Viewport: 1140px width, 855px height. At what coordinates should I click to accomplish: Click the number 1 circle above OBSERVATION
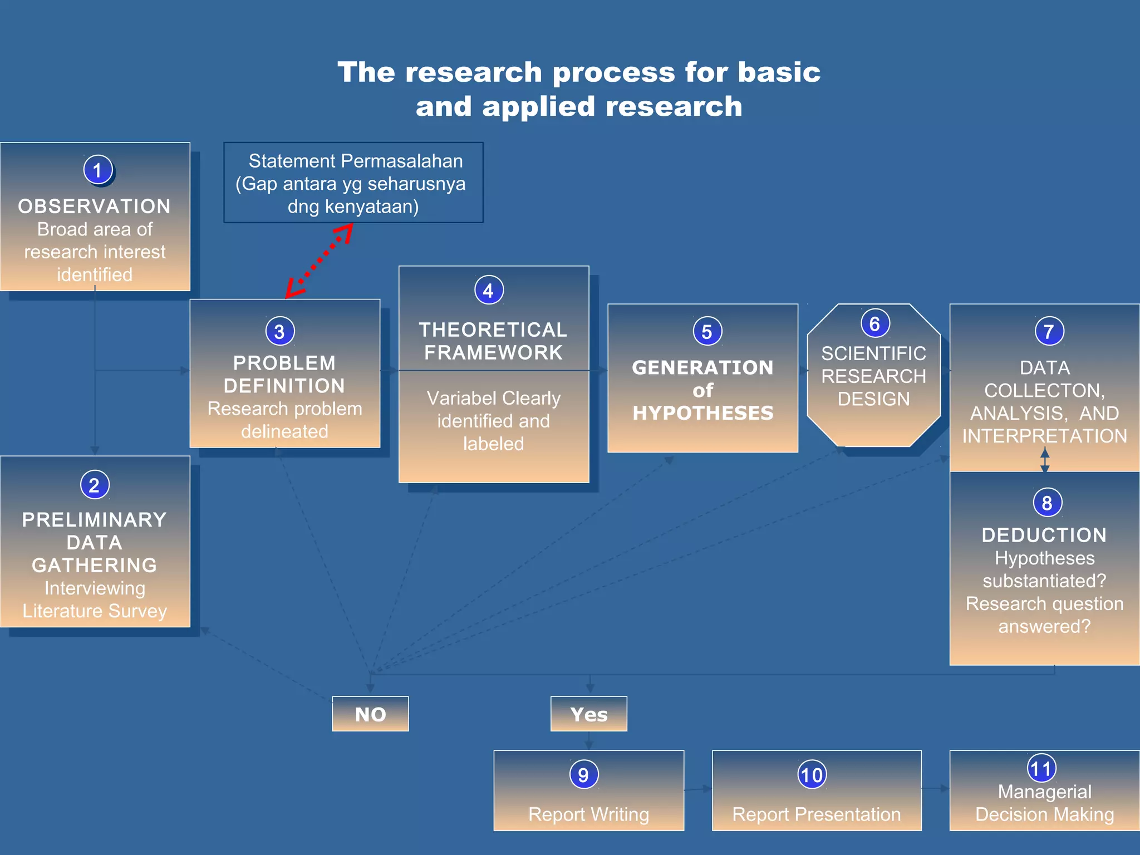[x=98, y=170]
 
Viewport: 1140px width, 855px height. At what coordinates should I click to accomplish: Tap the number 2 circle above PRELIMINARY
[x=94, y=485]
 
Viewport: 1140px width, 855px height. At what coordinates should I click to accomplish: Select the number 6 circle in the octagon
[x=874, y=323]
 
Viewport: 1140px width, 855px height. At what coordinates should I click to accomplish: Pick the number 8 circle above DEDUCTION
[x=1047, y=503]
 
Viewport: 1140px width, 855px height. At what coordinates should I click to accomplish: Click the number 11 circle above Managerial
[x=1041, y=769]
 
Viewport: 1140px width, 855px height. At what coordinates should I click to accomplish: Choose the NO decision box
[x=370, y=714]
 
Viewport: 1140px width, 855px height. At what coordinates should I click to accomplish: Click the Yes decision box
[x=589, y=714]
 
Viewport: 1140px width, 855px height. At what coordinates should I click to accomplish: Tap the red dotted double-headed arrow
[x=319, y=260]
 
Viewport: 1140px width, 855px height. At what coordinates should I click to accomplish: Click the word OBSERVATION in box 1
[x=95, y=207]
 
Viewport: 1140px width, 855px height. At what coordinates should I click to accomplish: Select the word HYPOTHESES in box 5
[x=703, y=413]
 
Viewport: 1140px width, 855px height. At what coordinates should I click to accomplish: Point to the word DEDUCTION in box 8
[x=1044, y=535]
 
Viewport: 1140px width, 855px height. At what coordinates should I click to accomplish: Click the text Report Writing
[x=589, y=814]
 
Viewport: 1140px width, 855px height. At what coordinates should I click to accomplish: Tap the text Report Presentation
[x=817, y=814]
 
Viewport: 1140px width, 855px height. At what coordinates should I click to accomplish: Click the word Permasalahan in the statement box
[x=402, y=161]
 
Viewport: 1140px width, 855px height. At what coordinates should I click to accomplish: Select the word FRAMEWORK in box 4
[x=494, y=352]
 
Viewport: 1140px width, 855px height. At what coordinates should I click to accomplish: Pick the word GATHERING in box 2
[x=95, y=565]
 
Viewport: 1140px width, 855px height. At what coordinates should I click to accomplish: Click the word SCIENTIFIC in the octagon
[x=874, y=353]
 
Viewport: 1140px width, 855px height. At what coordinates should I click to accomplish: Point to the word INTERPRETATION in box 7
[x=1045, y=436]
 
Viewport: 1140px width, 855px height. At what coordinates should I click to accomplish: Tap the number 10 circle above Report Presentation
[x=812, y=775]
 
